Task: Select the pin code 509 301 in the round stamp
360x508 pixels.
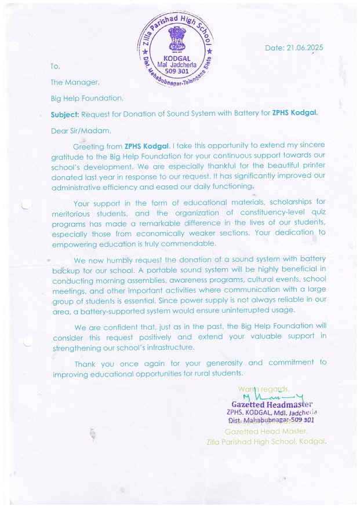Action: (x=176, y=72)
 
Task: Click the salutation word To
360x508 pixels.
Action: (x=55, y=66)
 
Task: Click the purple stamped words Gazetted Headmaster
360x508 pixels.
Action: (x=272, y=404)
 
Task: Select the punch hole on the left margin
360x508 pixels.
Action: (x=25, y=204)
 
